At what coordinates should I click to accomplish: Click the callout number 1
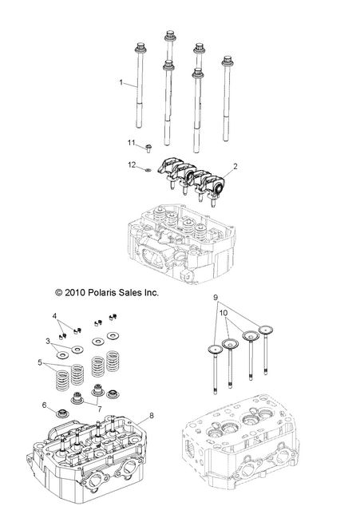tap(121, 82)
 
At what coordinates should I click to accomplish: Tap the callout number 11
tap(132, 142)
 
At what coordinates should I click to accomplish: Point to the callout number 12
tap(132, 165)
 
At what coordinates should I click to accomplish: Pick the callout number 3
tap(48, 341)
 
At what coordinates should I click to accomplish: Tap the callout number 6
tap(45, 405)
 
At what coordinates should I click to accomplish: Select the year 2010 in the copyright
tap(70, 293)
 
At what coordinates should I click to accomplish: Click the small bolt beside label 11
tap(148, 146)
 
